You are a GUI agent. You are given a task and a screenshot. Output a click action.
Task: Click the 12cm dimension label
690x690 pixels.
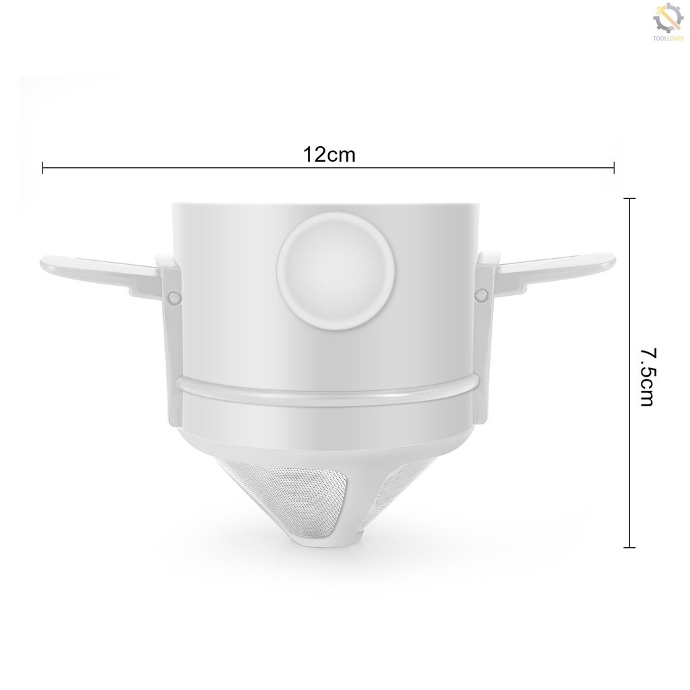(x=329, y=154)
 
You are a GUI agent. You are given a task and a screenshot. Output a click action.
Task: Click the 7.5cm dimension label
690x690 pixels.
(x=648, y=377)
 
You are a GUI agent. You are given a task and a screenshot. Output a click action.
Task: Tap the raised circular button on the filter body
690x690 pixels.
(x=336, y=271)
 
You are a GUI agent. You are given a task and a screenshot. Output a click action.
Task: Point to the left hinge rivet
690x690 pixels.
(x=175, y=296)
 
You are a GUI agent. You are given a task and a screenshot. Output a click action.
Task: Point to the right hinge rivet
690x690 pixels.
(x=481, y=294)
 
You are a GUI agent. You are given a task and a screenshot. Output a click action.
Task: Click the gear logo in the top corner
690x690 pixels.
(x=668, y=18)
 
